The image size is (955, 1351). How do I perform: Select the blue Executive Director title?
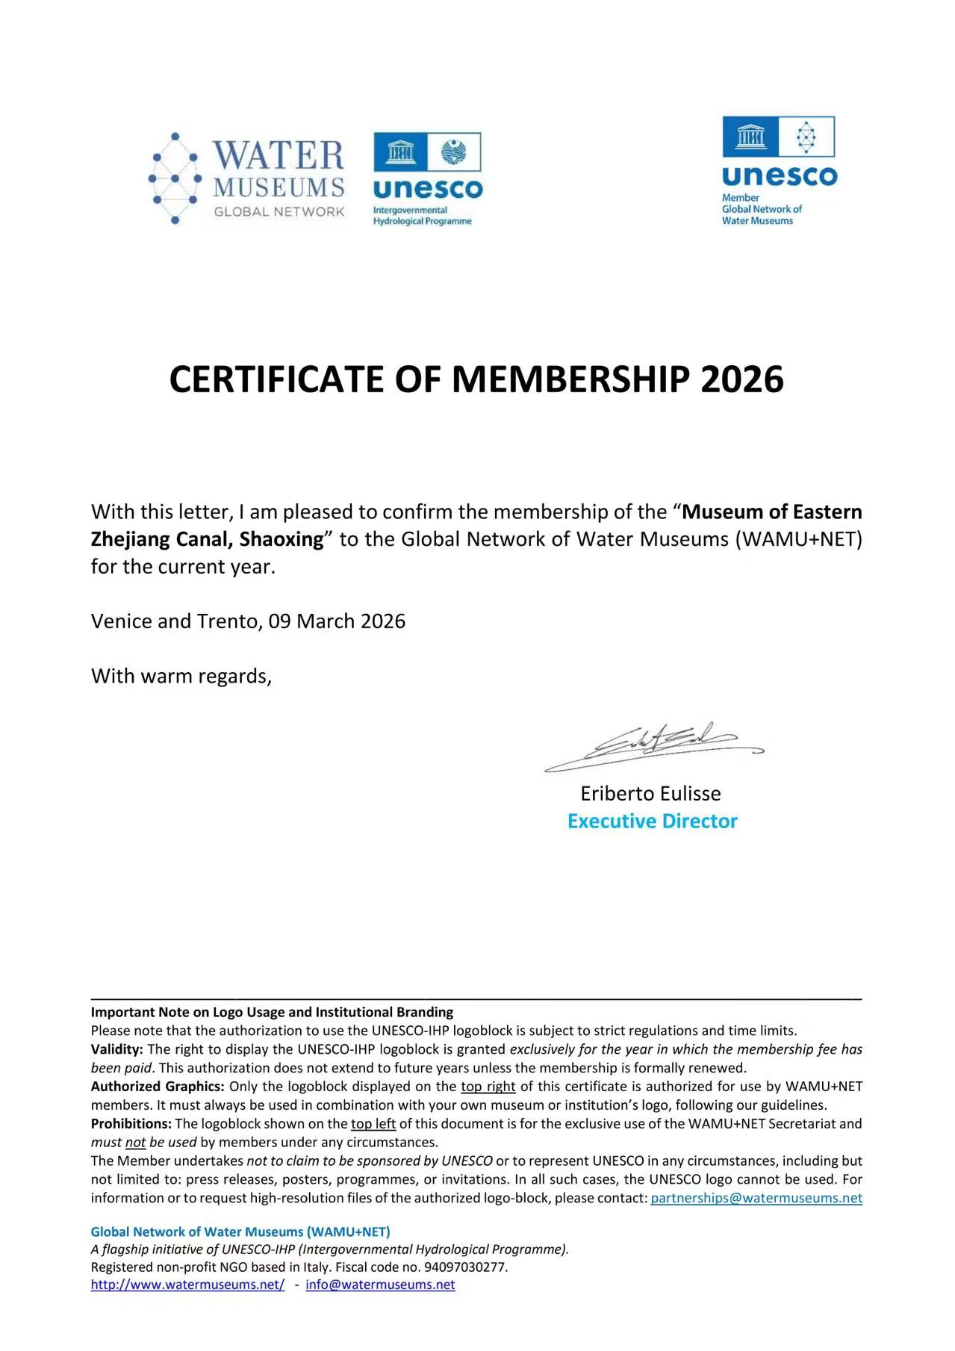(x=652, y=821)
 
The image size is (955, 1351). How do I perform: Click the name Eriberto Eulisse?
(x=650, y=793)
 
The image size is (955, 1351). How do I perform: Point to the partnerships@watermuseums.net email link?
(x=756, y=1198)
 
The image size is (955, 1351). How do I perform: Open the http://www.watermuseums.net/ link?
(x=187, y=1285)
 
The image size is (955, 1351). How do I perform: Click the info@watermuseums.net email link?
(x=380, y=1285)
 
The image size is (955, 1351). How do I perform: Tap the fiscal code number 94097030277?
(x=465, y=1267)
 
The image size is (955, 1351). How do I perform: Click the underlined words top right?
(x=488, y=1086)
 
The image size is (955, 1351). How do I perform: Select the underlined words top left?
(x=373, y=1123)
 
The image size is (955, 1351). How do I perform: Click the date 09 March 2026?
(x=337, y=621)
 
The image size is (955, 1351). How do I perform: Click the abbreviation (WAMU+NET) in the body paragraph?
(x=798, y=539)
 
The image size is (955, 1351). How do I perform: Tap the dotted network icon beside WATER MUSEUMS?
(x=175, y=178)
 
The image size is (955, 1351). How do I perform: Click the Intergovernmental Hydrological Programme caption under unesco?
(x=422, y=216)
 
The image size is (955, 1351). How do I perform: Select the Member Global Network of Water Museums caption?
(x=761, y=209)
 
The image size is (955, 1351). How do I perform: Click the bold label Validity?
(x=116, y=1049)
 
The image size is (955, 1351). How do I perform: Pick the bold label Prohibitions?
(x=131, y=1123)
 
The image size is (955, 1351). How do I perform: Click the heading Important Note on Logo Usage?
(x=272, y=1012)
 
